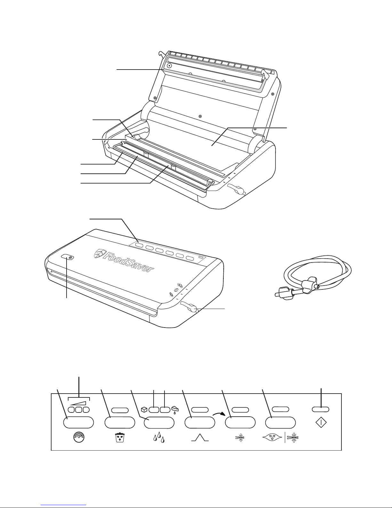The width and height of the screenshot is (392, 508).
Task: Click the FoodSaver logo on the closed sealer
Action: [124, 260]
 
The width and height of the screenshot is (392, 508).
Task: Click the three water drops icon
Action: [159, 437]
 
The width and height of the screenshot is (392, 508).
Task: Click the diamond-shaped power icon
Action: [321, 423]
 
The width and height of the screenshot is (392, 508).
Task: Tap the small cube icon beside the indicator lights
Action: [144, 410]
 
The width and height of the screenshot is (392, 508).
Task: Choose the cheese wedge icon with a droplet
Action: [175, 410]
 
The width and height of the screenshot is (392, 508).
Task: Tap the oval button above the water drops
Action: [159, 422]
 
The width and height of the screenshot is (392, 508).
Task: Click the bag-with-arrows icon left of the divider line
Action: [272, 437]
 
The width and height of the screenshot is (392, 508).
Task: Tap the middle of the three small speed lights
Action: [79, 410]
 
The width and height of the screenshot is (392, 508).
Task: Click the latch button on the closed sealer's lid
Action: [68, 257]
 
